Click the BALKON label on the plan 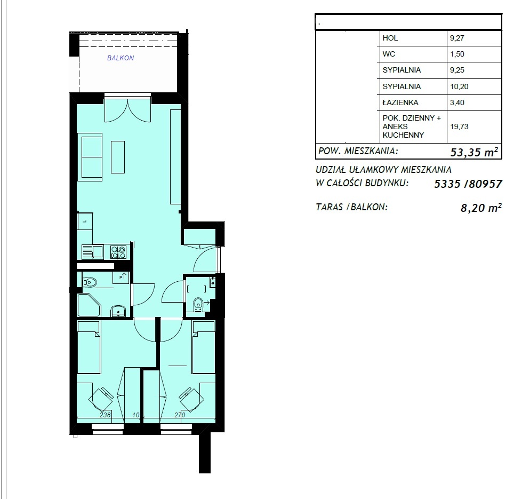coord(121,58)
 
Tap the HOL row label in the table coord(390,38)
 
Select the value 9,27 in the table coord(457,38)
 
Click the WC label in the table coord(389,54)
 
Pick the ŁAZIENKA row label coord(400,102)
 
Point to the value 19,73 coord(460,126)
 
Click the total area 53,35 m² coord(475,152)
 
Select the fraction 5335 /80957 coord(468,184)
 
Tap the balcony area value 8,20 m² coord(481,208)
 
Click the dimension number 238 coord(105,415)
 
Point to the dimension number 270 coord(180,415)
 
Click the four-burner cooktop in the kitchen coord(118,252)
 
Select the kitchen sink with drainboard coord(92,251)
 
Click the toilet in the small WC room coord(198,304)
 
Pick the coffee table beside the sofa coord(118,157)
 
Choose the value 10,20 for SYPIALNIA coord(460,86)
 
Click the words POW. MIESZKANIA coord(358,151)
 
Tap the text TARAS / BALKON coord(351,207)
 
